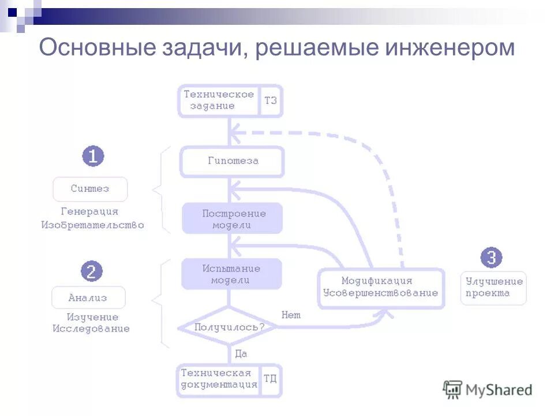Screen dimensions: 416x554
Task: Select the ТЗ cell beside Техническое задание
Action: [271, 101]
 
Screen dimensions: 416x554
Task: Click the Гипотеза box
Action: [233, 161]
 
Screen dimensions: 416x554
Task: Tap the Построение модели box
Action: [233, 218]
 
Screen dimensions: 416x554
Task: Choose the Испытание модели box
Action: [231, 274]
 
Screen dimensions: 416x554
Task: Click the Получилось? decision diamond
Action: [229, 327]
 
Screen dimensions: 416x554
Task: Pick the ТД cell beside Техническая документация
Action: [270, 379]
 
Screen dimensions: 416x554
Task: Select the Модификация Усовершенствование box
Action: [381, 287]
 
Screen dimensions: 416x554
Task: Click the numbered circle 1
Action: [93, 157]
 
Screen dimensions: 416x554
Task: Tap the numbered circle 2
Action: [91, 270]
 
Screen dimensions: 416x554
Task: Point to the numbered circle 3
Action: [491, 258]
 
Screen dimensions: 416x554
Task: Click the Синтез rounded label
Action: [90, 189]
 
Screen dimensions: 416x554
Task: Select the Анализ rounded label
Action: [88, 298]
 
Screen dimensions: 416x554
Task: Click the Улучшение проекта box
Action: [493, 287]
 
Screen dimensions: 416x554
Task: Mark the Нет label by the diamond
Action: [291, 315]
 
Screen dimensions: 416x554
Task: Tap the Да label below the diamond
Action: [241, 354]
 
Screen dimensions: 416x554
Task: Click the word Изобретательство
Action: [92, 225]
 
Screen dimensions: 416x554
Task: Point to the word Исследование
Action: [91, 329]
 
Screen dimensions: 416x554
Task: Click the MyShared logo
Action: [488, 389]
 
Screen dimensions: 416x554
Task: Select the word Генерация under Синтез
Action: [89, 211]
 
